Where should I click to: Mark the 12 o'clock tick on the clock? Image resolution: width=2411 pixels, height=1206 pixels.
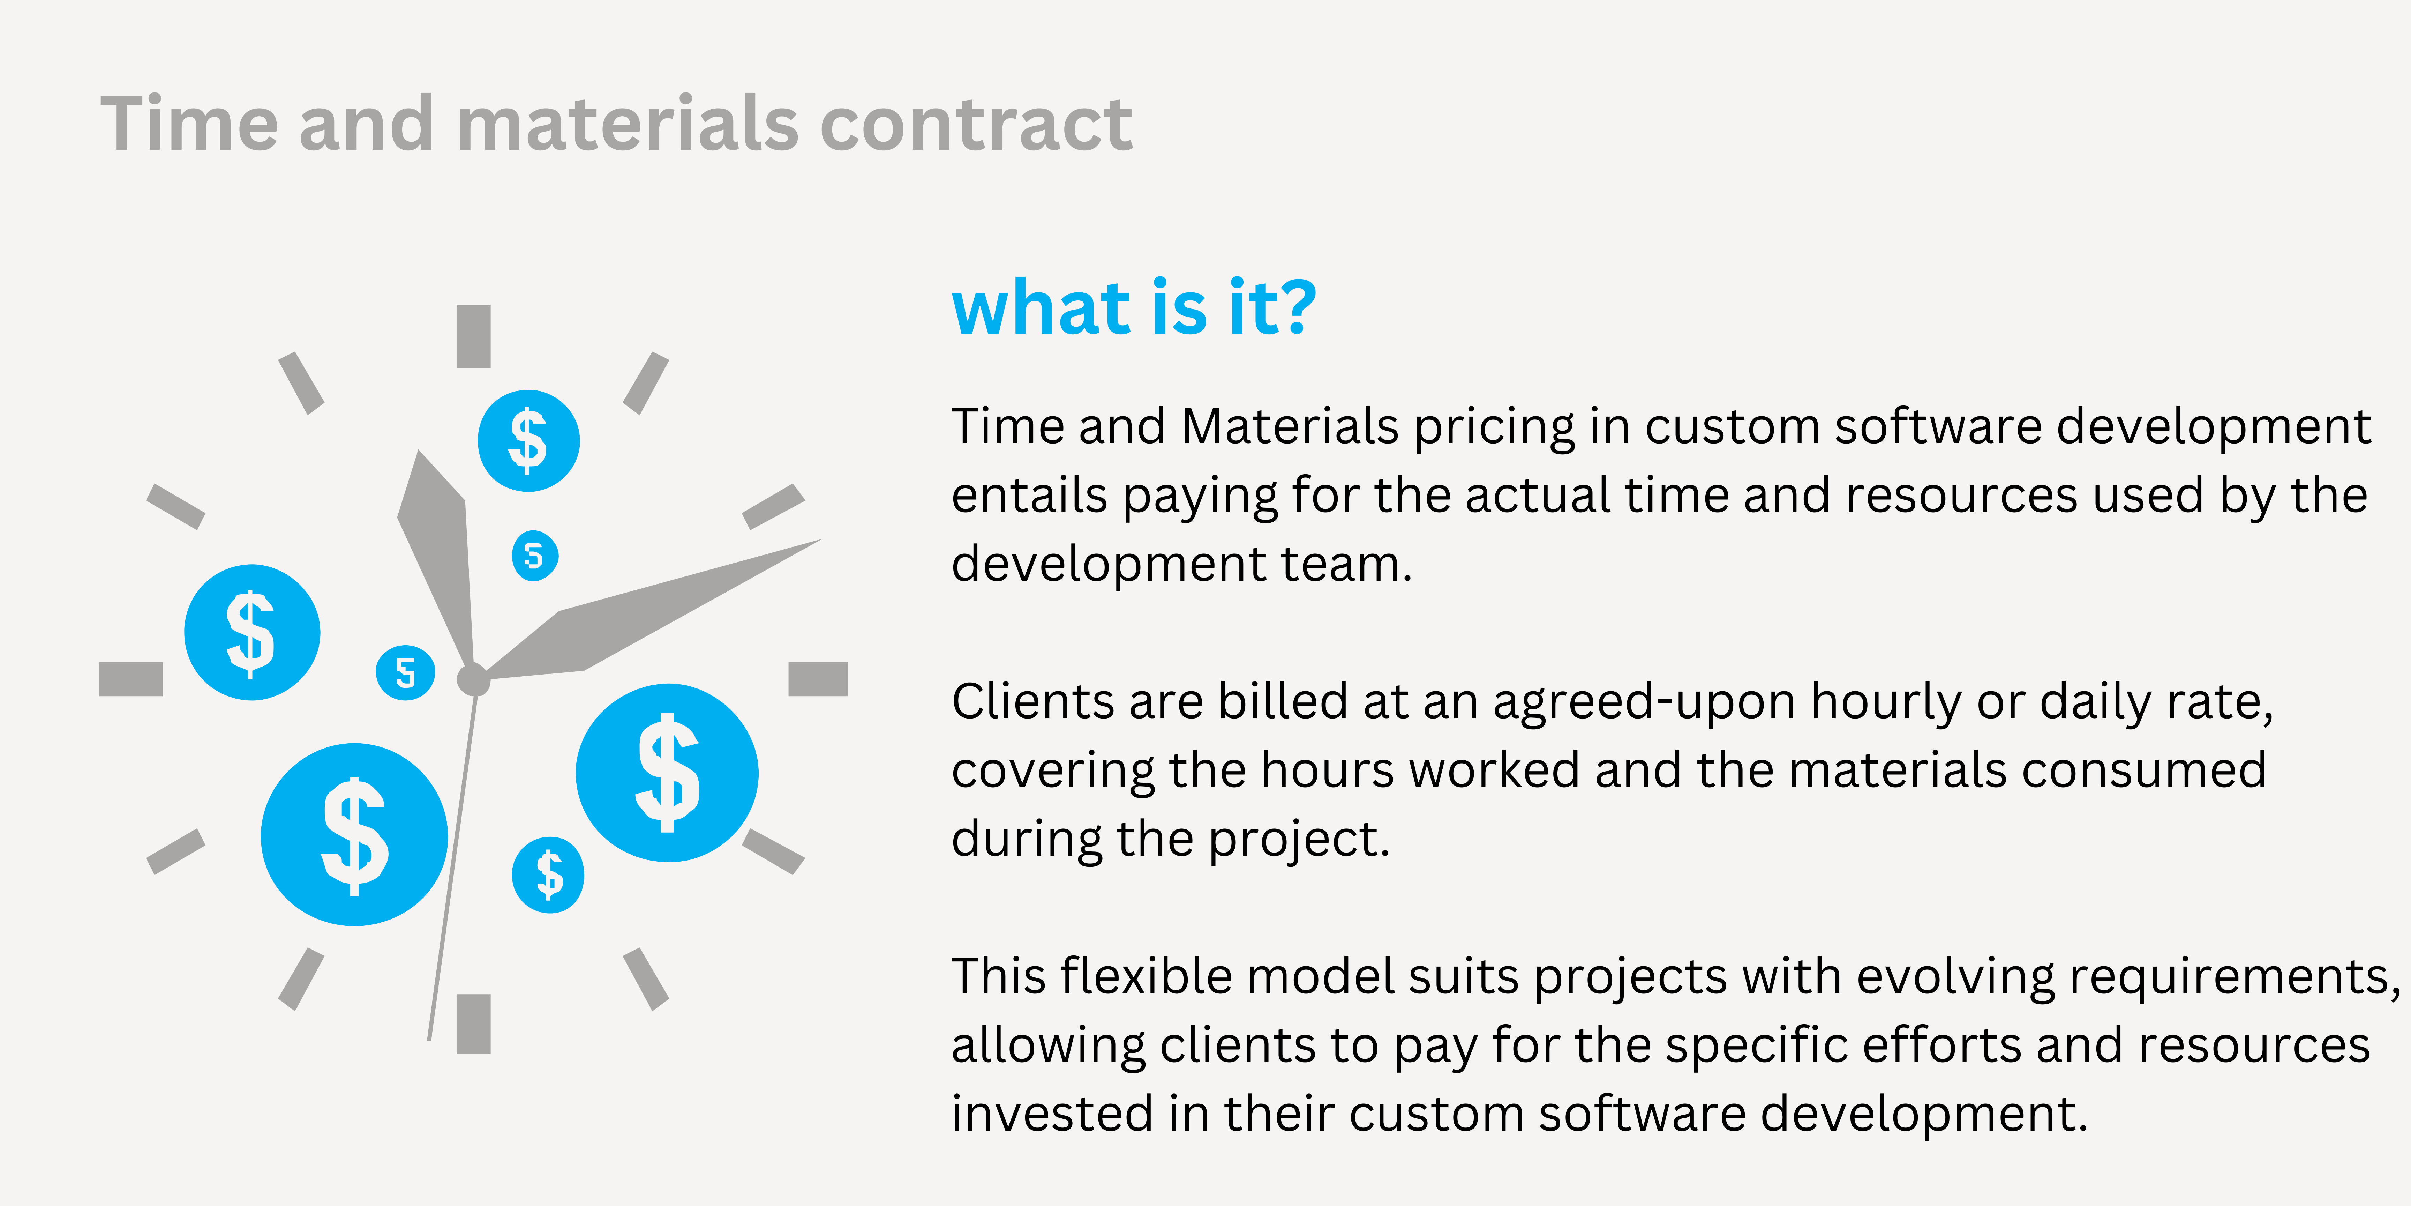(x=474, y=336)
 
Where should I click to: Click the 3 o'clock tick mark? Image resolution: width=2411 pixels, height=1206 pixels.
(x=818, y=679)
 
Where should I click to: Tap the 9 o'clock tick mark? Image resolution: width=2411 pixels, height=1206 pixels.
(x=131, y=679)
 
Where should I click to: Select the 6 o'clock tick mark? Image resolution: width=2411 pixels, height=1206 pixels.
(x=474, y=1023)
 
